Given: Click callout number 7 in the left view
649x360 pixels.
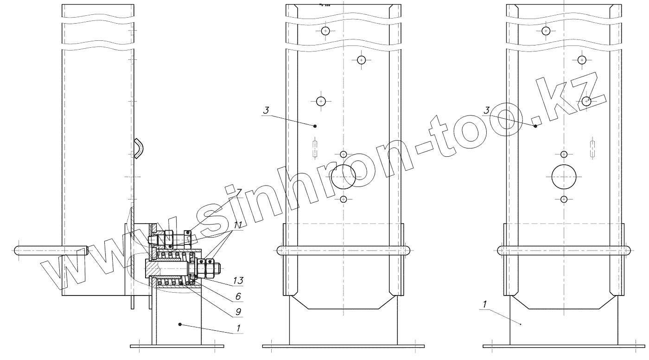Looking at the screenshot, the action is (238, 193).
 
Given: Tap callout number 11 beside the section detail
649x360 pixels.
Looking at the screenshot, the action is (238, 225).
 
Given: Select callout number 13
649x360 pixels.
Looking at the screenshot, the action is (238, 280).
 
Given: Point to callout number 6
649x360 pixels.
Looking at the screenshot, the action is (238, 296).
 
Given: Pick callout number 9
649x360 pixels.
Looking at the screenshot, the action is (238, 312).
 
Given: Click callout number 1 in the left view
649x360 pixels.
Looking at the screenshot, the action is (238, 328).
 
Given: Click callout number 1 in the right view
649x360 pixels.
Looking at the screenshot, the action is (484, 304).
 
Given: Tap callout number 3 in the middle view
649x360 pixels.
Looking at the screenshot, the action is (266, 110).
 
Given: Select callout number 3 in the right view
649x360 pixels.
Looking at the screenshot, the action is (486, 110).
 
